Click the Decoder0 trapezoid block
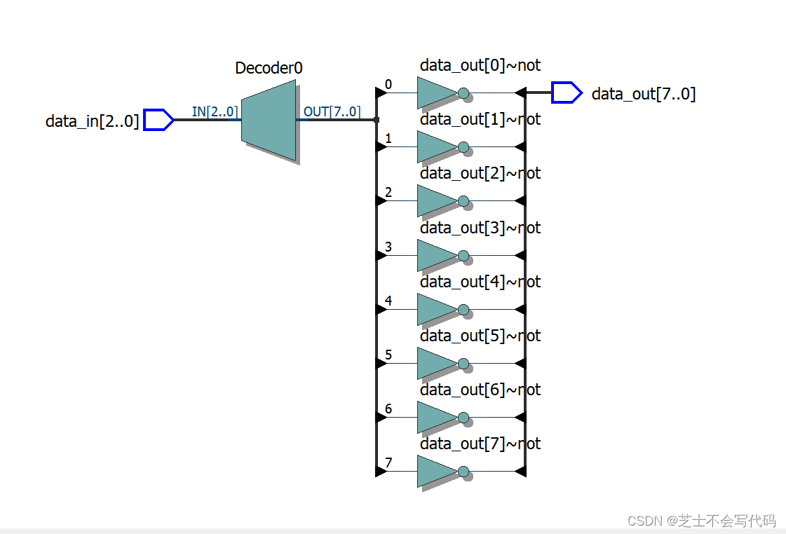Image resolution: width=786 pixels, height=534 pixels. pos(269,121)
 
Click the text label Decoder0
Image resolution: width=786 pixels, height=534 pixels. pos(269,68)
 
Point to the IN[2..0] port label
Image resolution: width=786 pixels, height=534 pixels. pos(215,111)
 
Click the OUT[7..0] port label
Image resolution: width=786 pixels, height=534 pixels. pos(332,111)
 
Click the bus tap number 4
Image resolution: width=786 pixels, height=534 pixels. pos(388,301)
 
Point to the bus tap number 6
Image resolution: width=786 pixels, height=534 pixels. pos(388,409)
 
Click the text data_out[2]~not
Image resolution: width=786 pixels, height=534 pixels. pos(480,173)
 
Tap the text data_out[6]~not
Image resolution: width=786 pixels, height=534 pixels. pos(480,390)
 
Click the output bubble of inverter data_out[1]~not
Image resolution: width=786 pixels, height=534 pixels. pos(463,146)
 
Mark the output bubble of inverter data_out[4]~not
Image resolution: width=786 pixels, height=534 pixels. pos(463,309)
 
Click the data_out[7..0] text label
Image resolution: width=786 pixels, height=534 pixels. pos(643,94)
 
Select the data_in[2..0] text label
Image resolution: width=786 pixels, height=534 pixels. pos(92,121)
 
